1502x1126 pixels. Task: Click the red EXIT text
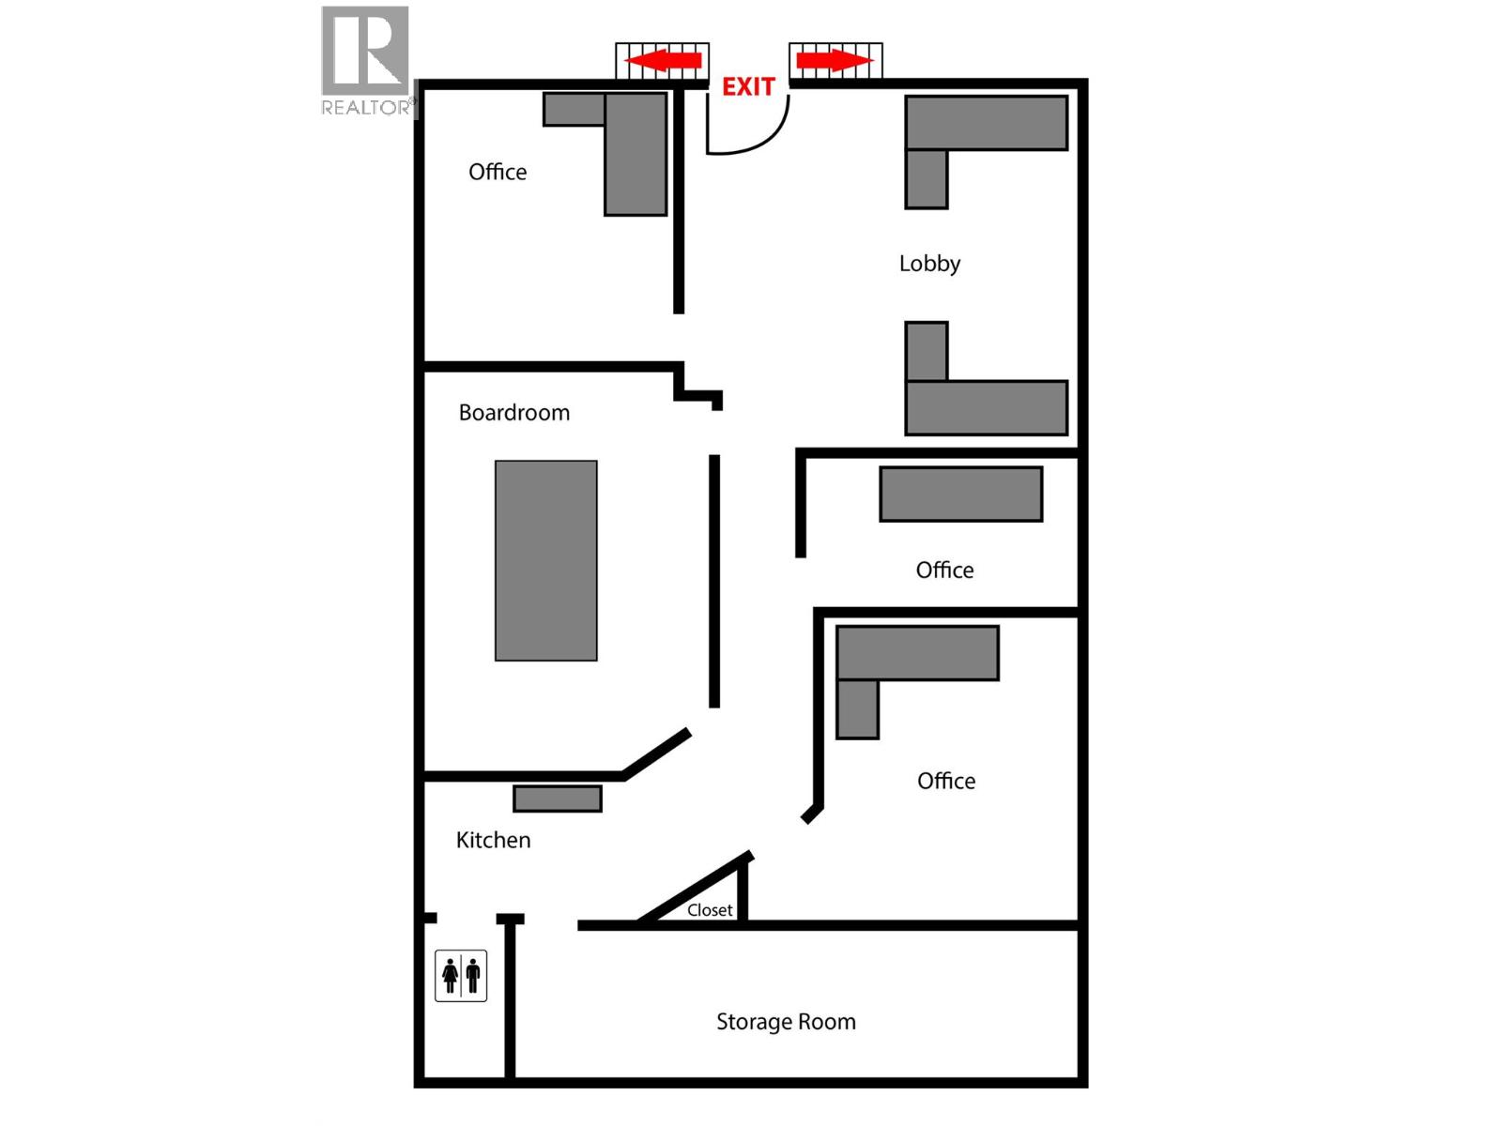pos(748,87)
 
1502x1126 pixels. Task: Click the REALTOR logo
pos(365,61)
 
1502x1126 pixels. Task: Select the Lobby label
pos(929,264)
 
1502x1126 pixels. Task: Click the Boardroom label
pos(513,413)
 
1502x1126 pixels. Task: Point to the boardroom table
pos(545,560)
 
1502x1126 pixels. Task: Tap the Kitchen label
pos(493,840)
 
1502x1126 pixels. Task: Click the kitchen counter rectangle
pos(557,799)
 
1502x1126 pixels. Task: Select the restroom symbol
pos(461,976)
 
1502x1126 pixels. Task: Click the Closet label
pos(710,910)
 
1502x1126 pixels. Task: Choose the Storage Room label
pos(786,1022)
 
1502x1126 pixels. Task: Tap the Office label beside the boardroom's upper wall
pos(498,172)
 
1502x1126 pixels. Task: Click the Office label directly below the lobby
pos(944,571)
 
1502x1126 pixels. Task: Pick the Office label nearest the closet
pos(946,781)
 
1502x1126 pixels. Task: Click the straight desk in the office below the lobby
pos(960,494)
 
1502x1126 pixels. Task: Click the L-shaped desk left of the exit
pos(635,150)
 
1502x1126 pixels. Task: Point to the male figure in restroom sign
pos(472,976)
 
